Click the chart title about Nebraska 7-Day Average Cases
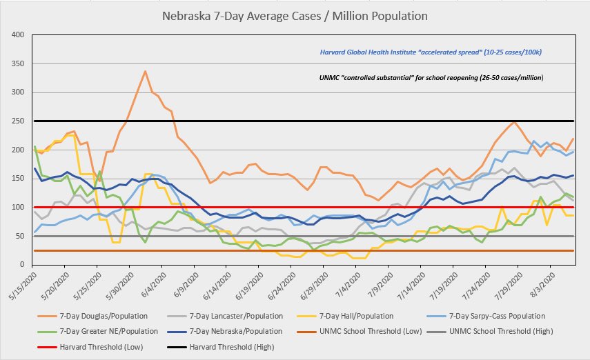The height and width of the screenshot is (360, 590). click(295, 14)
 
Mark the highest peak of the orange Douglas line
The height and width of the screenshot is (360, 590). click(145, 71)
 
